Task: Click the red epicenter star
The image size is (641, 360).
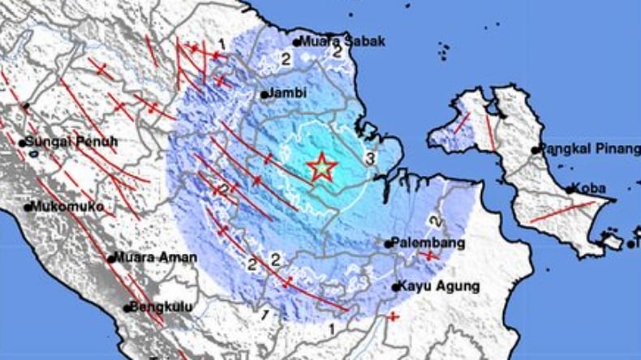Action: click(322, 167)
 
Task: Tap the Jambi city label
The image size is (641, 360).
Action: click(289, 93)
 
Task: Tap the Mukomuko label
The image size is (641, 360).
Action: click(68, 207)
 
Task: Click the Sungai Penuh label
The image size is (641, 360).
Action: click(72, 143)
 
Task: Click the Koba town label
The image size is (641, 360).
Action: click(590, 188)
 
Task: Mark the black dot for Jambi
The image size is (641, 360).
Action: click(265, 95)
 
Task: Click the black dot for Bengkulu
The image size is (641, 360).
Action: click(127, 308)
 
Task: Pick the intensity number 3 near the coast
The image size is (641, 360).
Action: click(369, 157)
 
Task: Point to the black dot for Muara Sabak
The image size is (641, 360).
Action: click(298, 42)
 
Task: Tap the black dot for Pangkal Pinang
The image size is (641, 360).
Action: click(536, 150)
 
